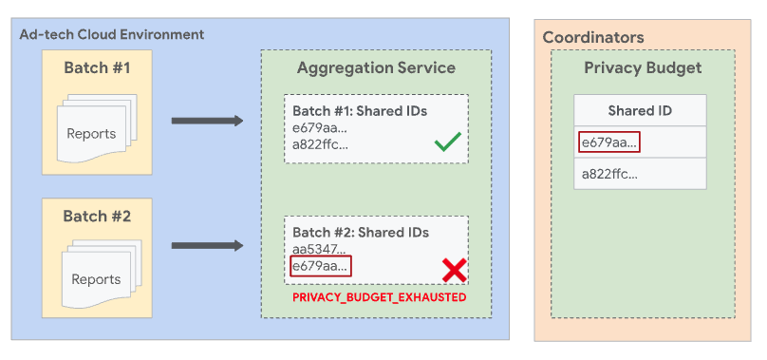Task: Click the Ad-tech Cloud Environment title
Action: pos(112,34)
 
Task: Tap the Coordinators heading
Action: pos(593,37)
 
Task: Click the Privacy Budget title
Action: pos(643,67)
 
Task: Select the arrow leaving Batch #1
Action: pos(206,122)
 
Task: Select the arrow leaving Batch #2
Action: pos(206,247)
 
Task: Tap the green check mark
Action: pos(446,143)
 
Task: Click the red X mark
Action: pos(455,270)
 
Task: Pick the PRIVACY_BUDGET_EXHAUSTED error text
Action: pos(379,297)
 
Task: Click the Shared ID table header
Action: pos(640,110)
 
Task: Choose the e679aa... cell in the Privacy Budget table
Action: pos(608,142)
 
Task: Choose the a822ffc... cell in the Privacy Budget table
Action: pos(608,174)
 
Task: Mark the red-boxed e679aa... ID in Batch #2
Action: pos(320,267)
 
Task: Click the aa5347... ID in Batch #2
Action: pos(319,250)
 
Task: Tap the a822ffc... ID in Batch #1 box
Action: pos(320,144)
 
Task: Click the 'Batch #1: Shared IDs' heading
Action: pos(359,111)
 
